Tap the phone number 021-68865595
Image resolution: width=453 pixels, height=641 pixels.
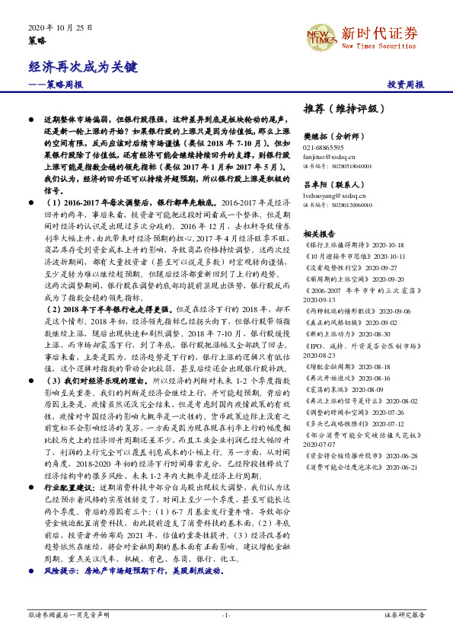coord(323,147)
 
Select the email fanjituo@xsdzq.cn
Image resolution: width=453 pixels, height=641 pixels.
coord(328,155)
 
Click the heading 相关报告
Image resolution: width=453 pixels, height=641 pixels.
coord(318,234)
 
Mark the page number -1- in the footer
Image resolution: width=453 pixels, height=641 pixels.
coord(226,614)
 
